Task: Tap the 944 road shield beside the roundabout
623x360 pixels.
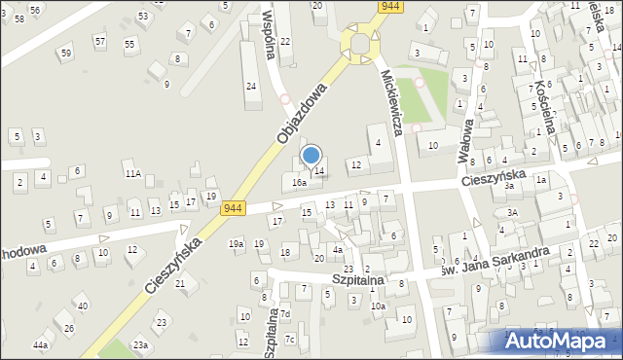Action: pos(390,6)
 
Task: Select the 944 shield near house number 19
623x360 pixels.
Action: pos(233,208)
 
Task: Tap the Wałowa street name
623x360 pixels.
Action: pos(467,139)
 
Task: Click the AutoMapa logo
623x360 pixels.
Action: pos(562,341)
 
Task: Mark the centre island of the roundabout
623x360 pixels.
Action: pos(361,45)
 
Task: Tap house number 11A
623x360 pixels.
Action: pos(132,174)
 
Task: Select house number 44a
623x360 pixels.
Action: pos(40,345)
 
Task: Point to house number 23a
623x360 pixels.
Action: pos(140,345)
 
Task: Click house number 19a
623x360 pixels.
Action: pos(236,243)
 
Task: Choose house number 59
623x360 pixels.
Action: pos(65,53)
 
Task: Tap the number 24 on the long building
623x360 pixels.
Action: pos(251,87)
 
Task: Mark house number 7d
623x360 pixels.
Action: pos(285,314)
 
